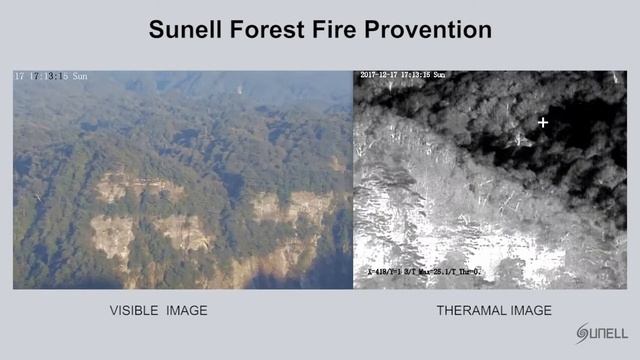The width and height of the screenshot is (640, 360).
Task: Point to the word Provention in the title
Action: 428,30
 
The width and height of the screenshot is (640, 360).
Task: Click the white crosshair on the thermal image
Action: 543,123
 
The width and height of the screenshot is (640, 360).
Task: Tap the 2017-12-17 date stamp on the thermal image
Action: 381,75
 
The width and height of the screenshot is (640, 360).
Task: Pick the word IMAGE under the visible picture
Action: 188,311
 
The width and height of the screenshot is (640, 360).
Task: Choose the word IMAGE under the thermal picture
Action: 533,311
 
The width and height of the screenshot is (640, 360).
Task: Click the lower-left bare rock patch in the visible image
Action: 113,236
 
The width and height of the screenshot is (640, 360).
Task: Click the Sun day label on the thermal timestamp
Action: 439,75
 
